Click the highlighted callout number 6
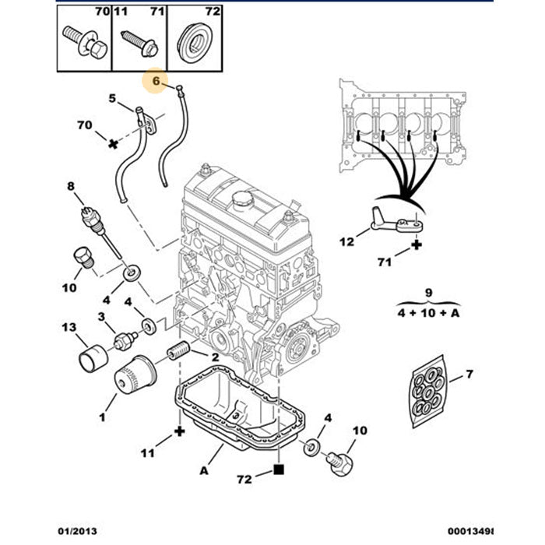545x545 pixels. pyautogui.click(x=156, y=80)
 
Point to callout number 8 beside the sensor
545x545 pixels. pyautogui.click(x=70, y=186)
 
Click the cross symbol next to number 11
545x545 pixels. pyautogui.click(x=180, y=431)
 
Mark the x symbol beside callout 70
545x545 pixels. pyautogui.click(x=113, y=144)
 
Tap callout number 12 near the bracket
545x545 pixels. pyautogui.click(x=346, y=241)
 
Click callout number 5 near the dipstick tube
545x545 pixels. pyautogui.click(x=112, y=99)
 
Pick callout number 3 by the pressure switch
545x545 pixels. pyautogui.click(x=101, y=316)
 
